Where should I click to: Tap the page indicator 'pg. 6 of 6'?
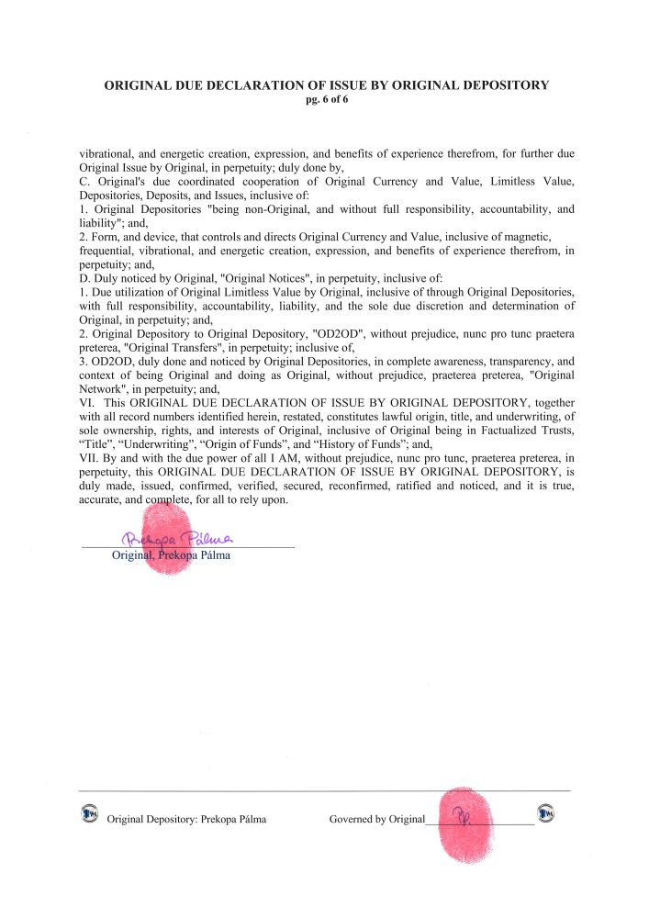coord(326,99)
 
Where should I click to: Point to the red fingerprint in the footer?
coord(467,823)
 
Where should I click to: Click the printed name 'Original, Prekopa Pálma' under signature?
coord(170,555)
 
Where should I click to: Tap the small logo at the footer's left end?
coord(89,813)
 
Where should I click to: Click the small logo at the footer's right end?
coord(546,813)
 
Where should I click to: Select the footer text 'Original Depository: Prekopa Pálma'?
coord(186,820)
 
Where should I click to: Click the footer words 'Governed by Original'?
coord(377,820)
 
